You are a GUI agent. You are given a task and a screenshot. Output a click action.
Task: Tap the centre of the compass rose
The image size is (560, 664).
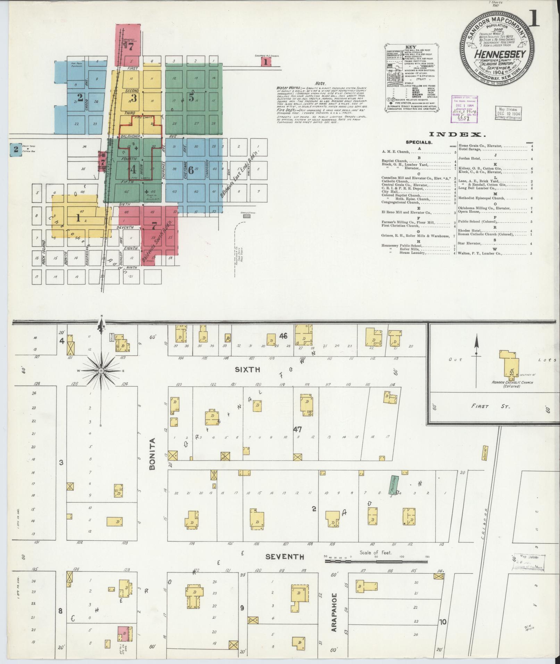click(101, 371)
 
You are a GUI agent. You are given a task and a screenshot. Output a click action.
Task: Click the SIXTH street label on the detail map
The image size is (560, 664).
click(248, 370)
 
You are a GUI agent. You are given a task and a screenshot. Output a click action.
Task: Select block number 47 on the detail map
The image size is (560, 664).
click(298, 429)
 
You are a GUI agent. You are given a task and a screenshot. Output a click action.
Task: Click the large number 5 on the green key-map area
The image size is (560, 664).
click(191, 98)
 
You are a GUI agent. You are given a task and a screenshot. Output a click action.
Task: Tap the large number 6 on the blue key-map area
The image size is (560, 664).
click(191, 170)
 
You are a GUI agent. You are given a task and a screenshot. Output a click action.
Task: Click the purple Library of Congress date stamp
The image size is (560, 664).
click(465, 109)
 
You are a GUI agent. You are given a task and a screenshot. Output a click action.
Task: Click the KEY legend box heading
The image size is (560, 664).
click(410, 47)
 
